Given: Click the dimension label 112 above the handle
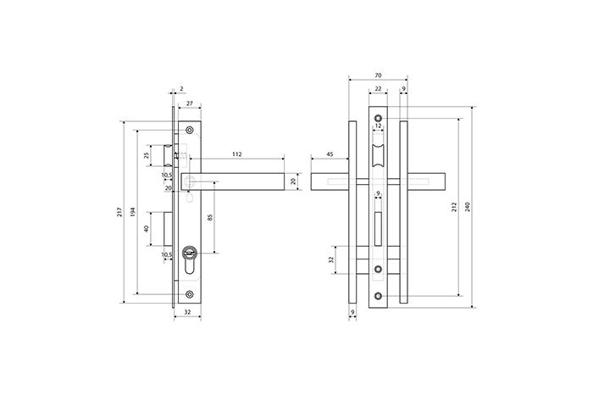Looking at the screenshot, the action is click(x=236, y=154).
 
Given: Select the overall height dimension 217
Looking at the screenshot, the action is click(x=120, y=212).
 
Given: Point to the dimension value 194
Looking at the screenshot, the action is click(x=133, y=212).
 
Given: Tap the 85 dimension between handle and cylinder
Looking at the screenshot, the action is click(x=210, y=217).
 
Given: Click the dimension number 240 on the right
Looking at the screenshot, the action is click(x=468, y=207).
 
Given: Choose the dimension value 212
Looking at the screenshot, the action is click(x=455, y=207).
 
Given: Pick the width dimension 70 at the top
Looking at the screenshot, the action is click(x=378, y=75).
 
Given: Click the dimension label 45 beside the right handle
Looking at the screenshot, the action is click(x=330, y=154).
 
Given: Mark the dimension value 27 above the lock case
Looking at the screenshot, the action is click(x=190, y=103).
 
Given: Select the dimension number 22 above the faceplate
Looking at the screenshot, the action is click(x=378, y=88).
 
